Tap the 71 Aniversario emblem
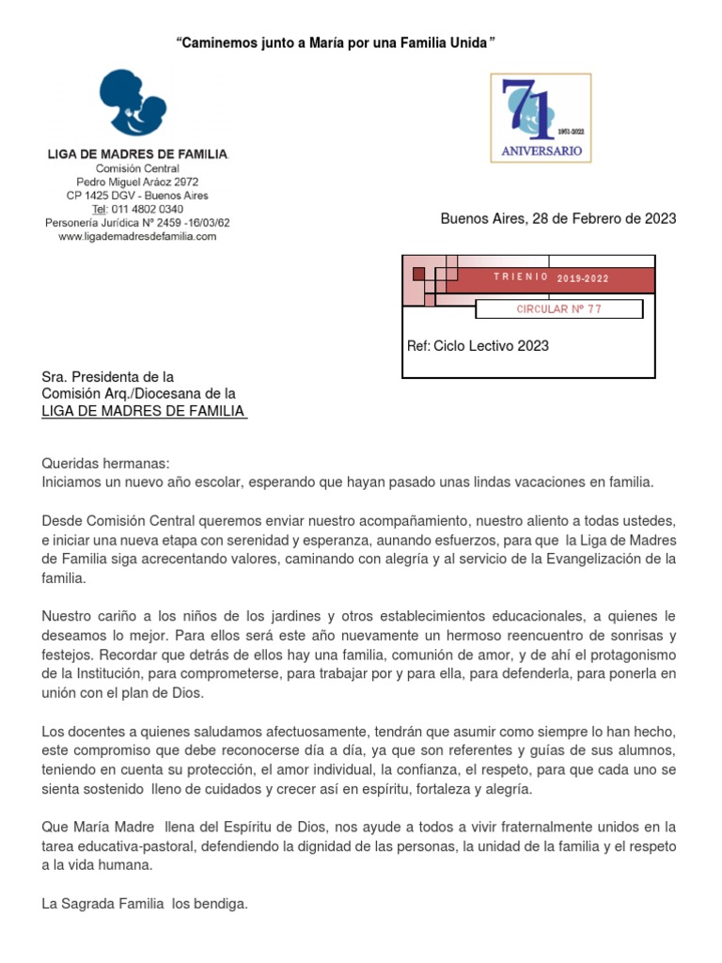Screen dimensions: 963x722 (541, 118)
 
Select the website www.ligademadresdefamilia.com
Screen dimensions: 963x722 (137, 237)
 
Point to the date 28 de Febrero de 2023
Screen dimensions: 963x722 (604, 219)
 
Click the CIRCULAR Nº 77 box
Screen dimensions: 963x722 (558, 309)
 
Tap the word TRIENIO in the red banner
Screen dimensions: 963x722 (521, 277)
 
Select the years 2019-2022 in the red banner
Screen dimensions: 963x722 (583, 278)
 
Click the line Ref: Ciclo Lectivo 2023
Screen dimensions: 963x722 (478, 346)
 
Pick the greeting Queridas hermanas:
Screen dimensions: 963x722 (105, 464)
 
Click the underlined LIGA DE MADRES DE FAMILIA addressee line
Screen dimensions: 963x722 (144, 411)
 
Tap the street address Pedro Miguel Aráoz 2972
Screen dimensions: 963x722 (137, 182)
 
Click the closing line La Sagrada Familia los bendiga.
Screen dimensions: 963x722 (145, 904)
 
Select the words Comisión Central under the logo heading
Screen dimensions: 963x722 (137, 168)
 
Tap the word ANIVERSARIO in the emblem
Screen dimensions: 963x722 (541, 150)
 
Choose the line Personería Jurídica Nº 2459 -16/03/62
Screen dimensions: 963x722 (137, 223)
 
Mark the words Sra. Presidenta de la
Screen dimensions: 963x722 (108, 377)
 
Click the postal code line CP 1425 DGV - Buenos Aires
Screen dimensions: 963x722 (137, 196)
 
